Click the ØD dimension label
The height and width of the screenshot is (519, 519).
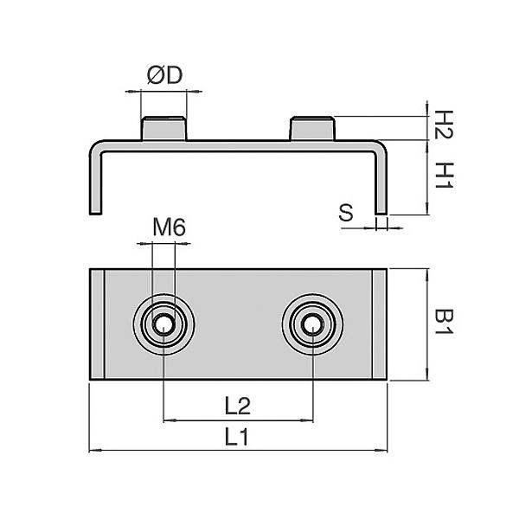163,76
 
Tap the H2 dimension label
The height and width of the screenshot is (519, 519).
442,125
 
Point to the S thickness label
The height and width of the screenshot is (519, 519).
346,213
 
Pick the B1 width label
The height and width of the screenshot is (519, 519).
442,324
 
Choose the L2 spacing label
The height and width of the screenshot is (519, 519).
237,405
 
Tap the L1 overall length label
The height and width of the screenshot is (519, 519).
237,437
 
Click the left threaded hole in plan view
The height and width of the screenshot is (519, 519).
163,325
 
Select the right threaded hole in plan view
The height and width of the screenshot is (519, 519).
312,325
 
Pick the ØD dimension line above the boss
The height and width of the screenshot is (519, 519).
163,89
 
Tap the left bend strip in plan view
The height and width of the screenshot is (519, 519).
97,324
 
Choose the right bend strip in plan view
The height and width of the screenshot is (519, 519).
380,324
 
